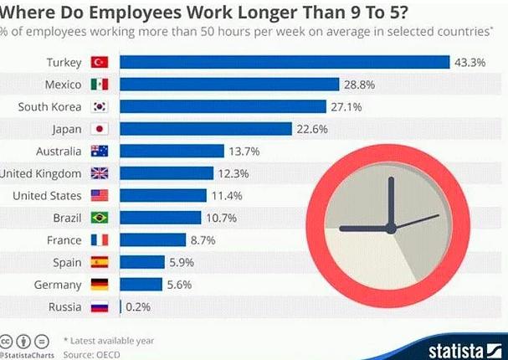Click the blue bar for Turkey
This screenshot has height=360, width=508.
click(285, 62)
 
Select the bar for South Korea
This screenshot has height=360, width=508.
click(223, 106)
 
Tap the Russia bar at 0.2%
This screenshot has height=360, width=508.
click(121, 307)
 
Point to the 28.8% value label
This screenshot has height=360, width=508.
click(359, 85)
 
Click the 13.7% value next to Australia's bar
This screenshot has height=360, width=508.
click(244, 152)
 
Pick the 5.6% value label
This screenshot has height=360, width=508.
click(179, 285)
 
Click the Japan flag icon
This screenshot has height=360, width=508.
click(100, 129)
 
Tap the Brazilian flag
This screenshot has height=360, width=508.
click(100, 218)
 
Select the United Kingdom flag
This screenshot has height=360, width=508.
click(100, 173)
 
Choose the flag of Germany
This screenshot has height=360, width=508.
click(100, 285)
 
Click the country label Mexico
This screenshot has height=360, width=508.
click(63, 85)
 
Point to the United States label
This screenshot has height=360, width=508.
click(47, 196)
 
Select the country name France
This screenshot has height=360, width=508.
click(64, 240)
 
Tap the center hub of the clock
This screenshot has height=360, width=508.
click(391, 229)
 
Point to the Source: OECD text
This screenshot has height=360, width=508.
click(92, 355)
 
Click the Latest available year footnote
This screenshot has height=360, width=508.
click(109, 341)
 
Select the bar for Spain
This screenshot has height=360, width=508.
click(142, 262)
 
